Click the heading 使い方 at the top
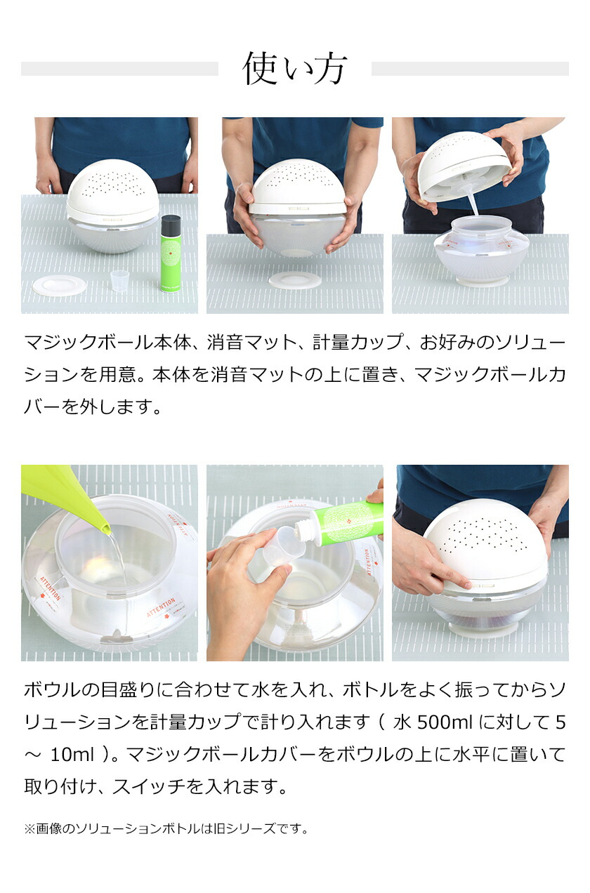[x=294, y=69]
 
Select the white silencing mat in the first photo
[x=60, y=286]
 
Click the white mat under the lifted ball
[x=294, y=280]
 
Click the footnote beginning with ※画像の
[x=166, y=829]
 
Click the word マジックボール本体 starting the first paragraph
[x=107, y=343]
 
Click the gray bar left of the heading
[x=119, y=69]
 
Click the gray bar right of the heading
[x=470, y=69]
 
